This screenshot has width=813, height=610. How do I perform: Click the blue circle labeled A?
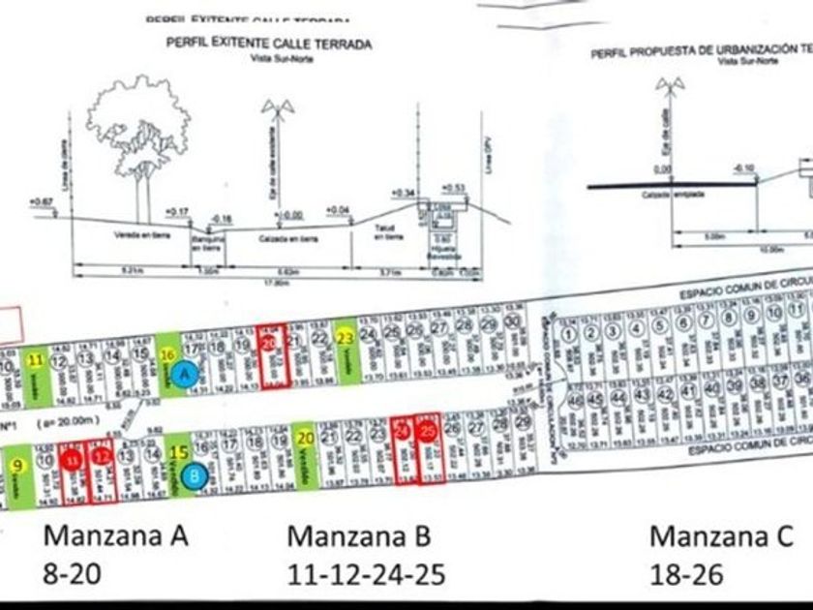coord(187,371)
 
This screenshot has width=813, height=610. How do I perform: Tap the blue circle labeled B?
coord(196,475)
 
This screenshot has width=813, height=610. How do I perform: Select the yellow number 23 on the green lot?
coord(346,337)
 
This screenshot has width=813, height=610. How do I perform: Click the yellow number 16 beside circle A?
coord(167,354)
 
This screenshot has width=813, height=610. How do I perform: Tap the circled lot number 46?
coord(577,400)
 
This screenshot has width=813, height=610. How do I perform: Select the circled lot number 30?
coord(514,323)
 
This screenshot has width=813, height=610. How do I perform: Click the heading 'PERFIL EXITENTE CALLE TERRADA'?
coord(269,44)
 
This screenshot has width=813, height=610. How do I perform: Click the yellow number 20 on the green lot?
coord(305,437)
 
